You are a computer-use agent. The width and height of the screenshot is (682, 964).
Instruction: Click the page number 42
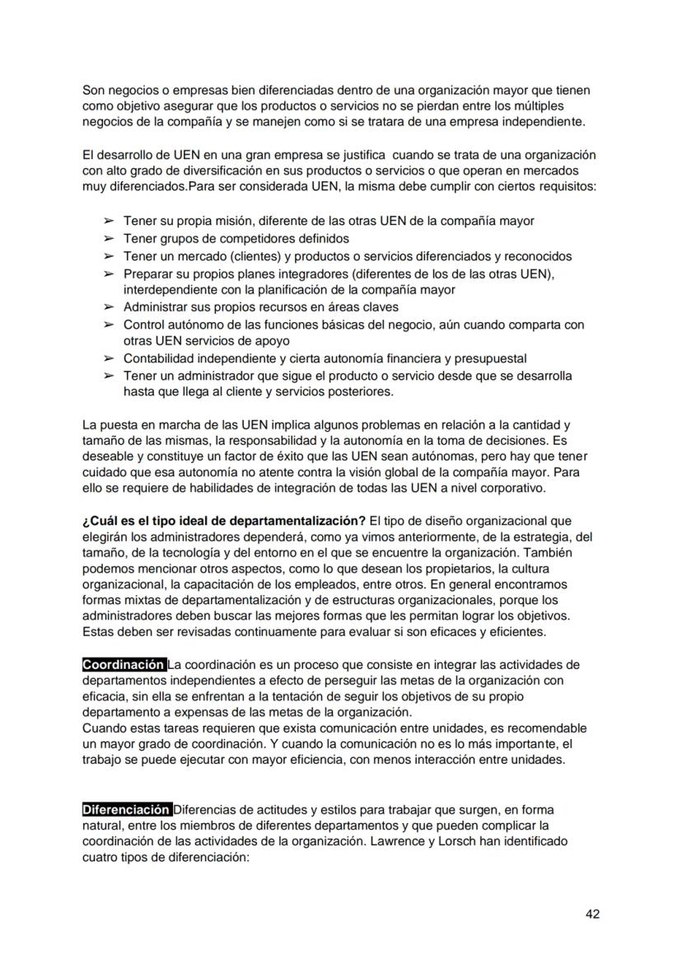pos(591,913)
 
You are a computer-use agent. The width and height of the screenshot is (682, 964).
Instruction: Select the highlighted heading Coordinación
pos(124,665)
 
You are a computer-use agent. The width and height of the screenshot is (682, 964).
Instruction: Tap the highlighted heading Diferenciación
pos(127,809)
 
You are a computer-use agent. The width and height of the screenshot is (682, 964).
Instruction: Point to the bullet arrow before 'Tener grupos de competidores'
pos(108,239)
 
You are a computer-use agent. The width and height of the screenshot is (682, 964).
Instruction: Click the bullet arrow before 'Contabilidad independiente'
pos(108,358)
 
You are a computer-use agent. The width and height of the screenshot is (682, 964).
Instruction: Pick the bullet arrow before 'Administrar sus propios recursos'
pos(108,307)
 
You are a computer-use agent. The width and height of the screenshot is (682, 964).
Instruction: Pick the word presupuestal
pos(490,358)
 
